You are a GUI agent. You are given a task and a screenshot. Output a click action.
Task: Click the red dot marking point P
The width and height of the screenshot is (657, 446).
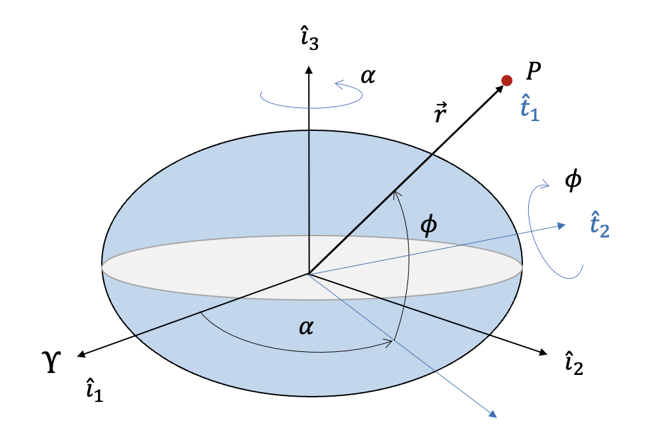[x=507, y=80]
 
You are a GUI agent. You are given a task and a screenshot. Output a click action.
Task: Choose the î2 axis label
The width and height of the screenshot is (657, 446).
[x=574, y=363]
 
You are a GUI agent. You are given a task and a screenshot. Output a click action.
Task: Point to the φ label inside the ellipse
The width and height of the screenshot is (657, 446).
[x=428, y=226]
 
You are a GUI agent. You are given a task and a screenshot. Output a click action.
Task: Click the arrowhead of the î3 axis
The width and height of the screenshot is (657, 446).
[x=309, y=67]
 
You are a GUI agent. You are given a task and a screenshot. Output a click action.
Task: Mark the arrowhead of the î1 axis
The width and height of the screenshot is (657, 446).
[x=80, y=356]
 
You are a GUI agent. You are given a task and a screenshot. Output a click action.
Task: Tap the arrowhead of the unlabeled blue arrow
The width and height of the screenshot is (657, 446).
[x=493, y=414]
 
